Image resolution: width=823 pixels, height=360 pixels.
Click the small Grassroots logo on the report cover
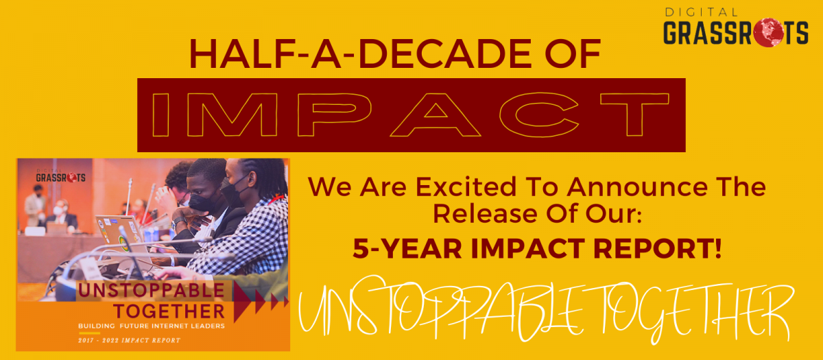pos(60,176)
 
